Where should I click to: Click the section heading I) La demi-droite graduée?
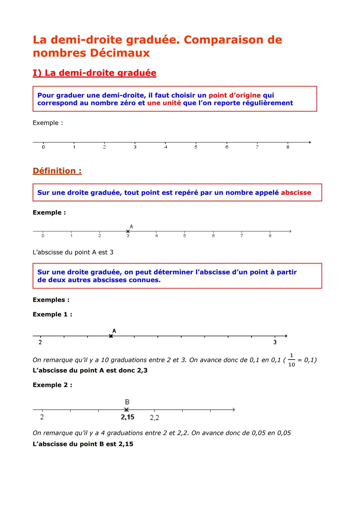coord(94,73)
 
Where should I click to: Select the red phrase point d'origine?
coord(234,95)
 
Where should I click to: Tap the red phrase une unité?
coord(164,103)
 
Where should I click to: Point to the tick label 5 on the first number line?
coord(196,147)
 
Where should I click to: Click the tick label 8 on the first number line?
coord(288,147)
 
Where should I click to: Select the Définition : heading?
coord(57,171)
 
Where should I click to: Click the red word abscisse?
coord(296,193)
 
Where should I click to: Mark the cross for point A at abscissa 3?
coord(128,231)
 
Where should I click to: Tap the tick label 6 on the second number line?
coord(213,236)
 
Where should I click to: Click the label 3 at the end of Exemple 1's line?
coord(275,342)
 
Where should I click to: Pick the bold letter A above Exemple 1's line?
coord(114,331)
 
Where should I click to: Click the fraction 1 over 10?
coord(291,360)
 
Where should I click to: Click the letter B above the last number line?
coord(127,402)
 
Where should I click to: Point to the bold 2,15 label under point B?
coord(127,417)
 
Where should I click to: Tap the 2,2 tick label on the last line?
coord(154,418)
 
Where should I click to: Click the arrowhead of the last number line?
coord(233,410)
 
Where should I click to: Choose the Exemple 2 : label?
coord(52,385)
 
